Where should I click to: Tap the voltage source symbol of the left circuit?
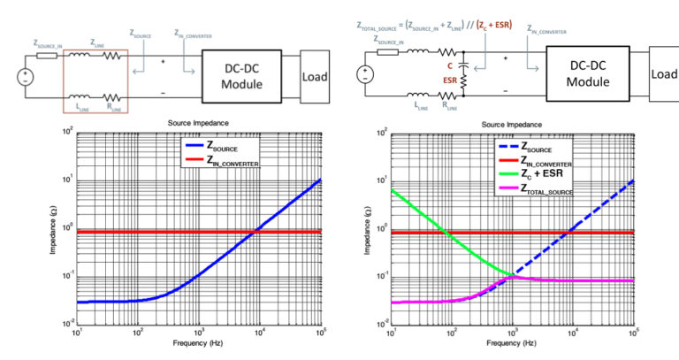[25, 75]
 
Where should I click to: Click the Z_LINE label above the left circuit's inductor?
[97, 42]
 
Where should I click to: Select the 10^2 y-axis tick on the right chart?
[380, 134]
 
